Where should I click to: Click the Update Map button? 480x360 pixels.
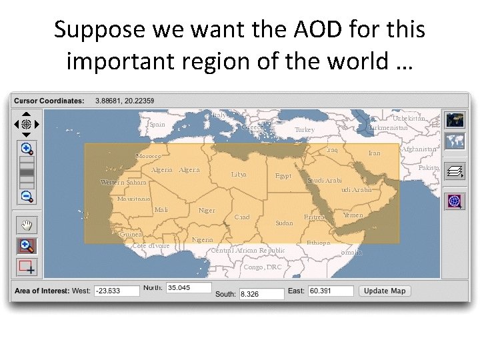[385, 291]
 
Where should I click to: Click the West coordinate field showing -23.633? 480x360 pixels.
[117, 291]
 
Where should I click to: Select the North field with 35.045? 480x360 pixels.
[189, 288]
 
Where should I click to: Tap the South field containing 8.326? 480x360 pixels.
[261, 294]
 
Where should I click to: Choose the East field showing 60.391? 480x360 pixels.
[330, 291]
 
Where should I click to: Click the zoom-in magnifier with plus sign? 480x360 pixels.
[27, 149]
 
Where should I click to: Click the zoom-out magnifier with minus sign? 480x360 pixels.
[27, 197]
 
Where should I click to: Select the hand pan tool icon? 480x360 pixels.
[27, 224]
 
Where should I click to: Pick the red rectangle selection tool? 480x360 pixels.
[27, 267]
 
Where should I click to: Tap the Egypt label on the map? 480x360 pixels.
[283, 176]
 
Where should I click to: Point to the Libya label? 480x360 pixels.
[238, 175]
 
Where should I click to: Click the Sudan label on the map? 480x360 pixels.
[284, 223]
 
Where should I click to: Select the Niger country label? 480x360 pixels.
[207, 211]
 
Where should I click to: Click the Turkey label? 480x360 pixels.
[304, 129]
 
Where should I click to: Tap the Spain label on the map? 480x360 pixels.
[157, 125]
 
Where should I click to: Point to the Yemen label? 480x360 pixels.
[353, 215]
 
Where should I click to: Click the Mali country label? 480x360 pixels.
[161, 210]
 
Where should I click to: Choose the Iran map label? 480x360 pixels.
[374, 153]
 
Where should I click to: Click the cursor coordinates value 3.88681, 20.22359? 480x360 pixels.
[125, 101]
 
